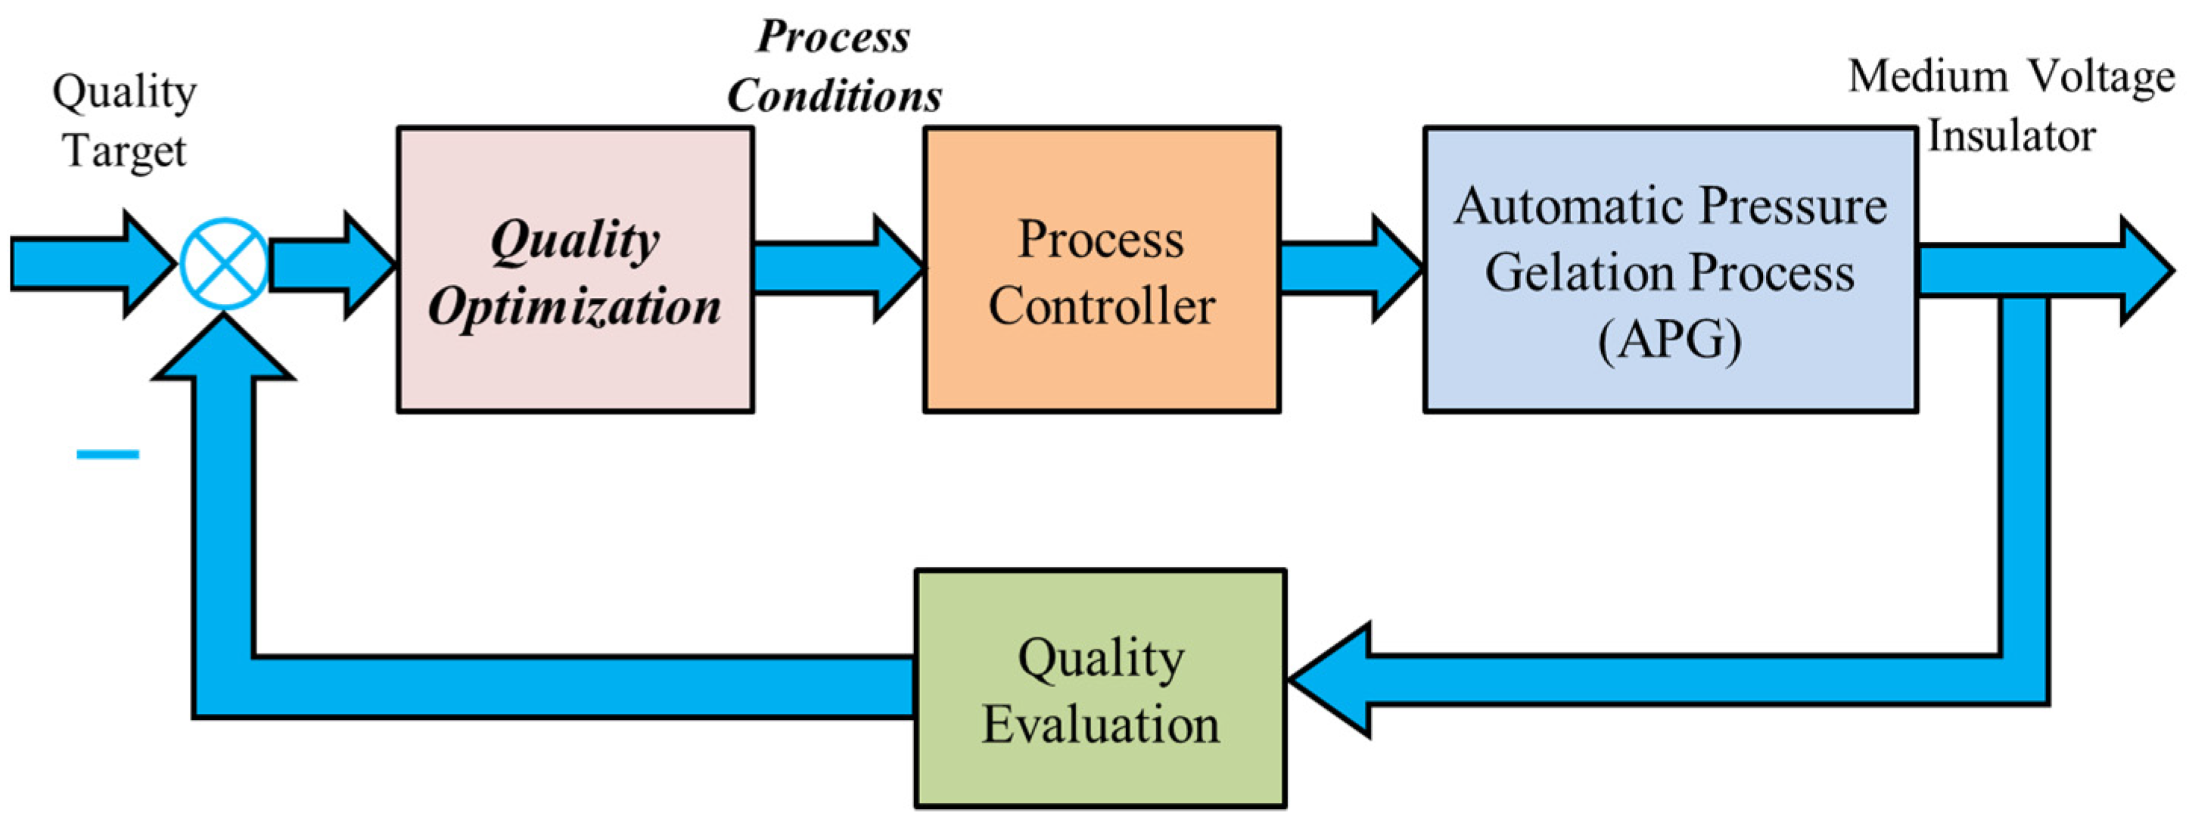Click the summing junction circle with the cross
pyautogui.click(x=225, y=264)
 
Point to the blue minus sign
pyautogui.click(x=108, y=454)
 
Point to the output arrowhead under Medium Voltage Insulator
pyautogui.click(x=2140, y=271)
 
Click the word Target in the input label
pyautogui.click(x=125, y=151)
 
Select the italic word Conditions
pyautogui.click(x=834, y=95)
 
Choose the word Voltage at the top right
pyautogui.click(x=2102, y=76)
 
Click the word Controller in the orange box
pyautogui.click(x=1101, y=305)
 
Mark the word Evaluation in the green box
pyautogui.click(x=1100, y=724)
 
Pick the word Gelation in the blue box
pyautogui.click(x=1579, y=273)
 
